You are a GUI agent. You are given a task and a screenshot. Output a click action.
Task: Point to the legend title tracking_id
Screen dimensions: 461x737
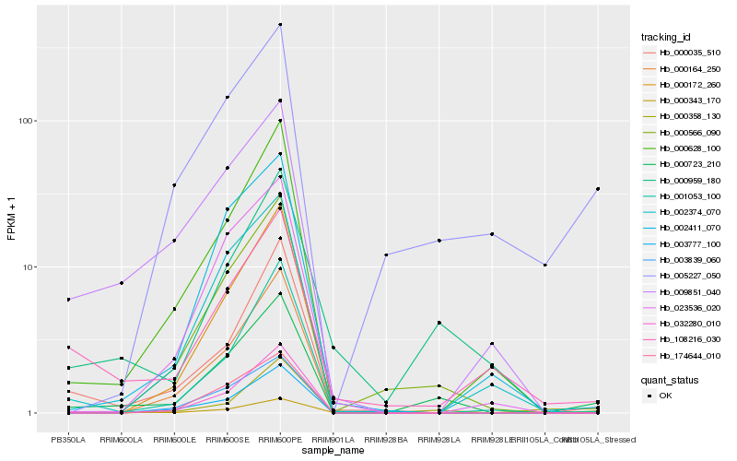click(x=666, y=37)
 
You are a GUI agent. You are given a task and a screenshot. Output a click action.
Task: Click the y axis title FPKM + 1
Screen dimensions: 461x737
click(x=11, y=219)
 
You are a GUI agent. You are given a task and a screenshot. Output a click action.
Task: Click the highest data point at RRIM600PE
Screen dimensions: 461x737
click(x=280, y=25)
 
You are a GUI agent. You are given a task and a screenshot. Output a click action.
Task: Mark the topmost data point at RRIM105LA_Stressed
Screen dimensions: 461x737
click(x=598, y=189)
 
